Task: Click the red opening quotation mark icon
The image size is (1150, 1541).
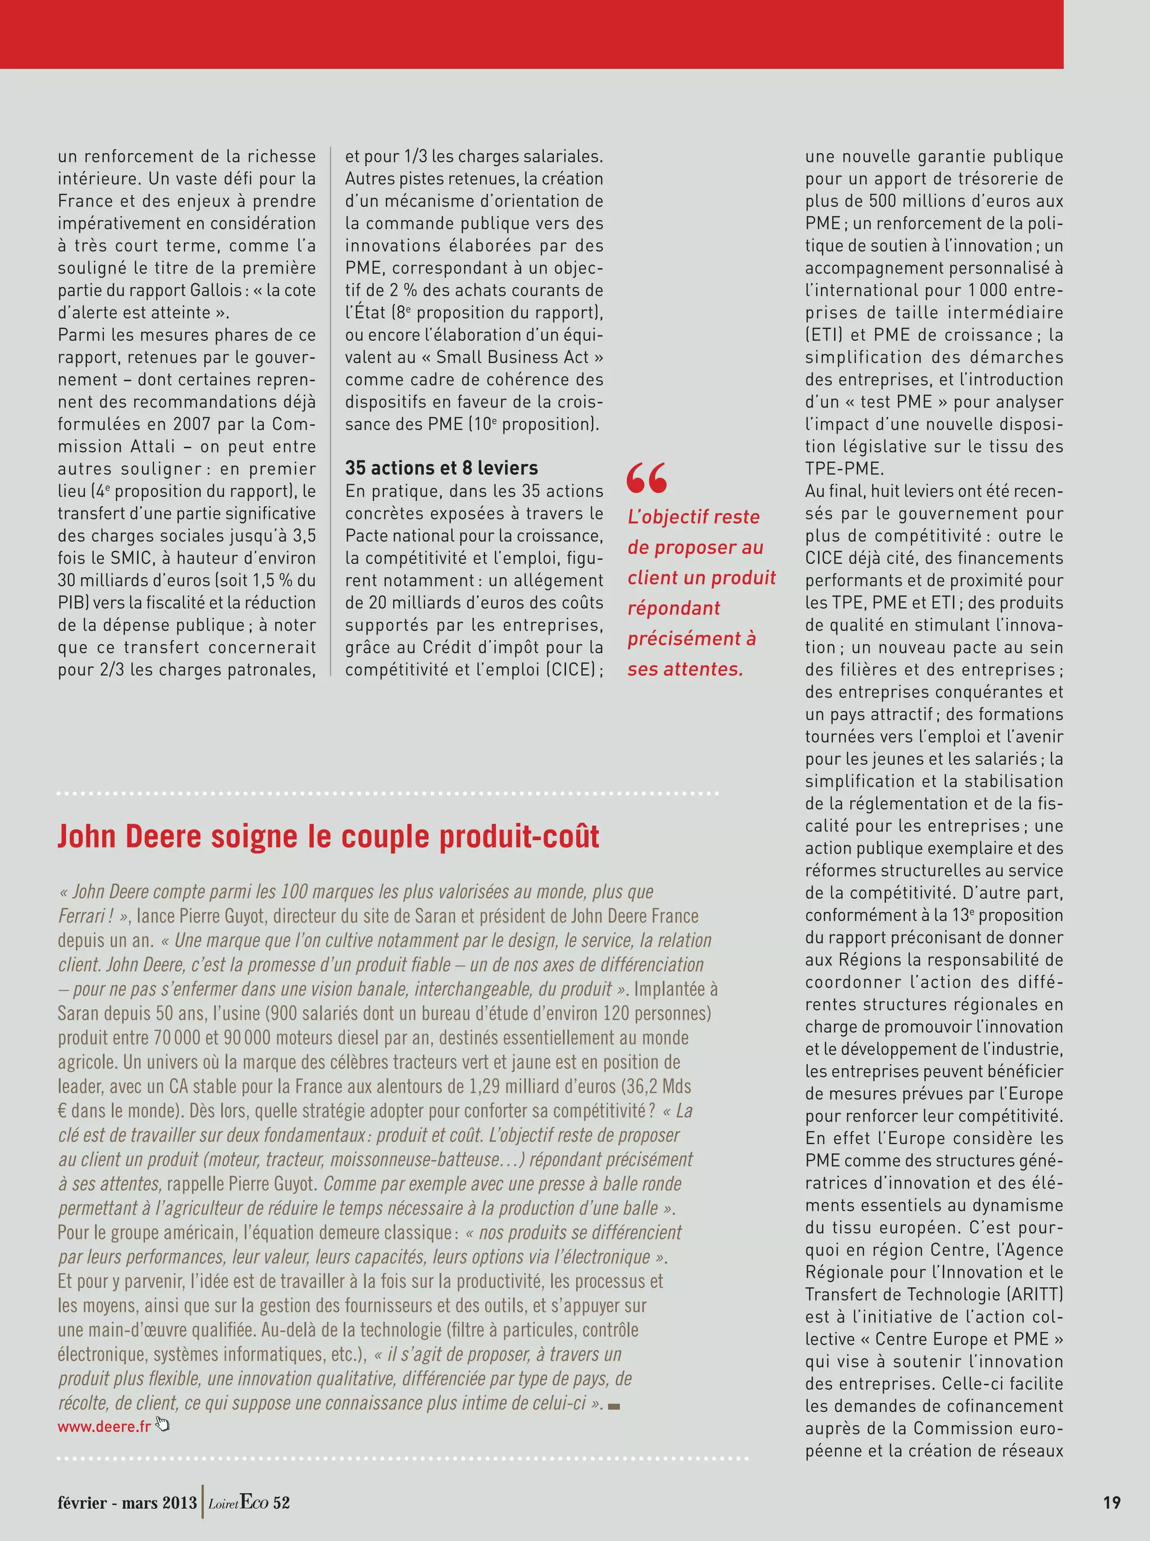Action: [647, 477]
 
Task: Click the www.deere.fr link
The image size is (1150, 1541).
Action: [104, 1426]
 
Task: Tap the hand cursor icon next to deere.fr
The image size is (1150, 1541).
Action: [163, 1424]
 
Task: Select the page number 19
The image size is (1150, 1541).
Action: [1112, 1502]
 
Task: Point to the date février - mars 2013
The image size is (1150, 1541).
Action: [127, 1502]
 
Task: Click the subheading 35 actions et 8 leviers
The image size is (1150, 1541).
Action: [441, 468]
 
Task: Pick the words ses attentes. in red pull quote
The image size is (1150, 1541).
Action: [685, 669]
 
